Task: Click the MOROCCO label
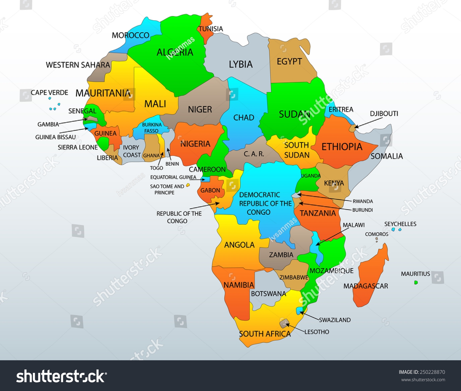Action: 130,35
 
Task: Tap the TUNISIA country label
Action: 211,29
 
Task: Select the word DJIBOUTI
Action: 384,114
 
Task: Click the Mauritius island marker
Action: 416,282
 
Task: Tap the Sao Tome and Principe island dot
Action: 188,185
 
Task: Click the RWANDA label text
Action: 363,201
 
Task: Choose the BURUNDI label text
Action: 362,210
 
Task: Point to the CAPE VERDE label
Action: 49,93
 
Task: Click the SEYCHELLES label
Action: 400,224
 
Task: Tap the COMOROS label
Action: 376,234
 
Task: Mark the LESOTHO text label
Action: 317,332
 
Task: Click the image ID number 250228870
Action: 432,372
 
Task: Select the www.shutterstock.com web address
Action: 423,380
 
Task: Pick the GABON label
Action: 210,191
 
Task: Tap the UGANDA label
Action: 310,176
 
